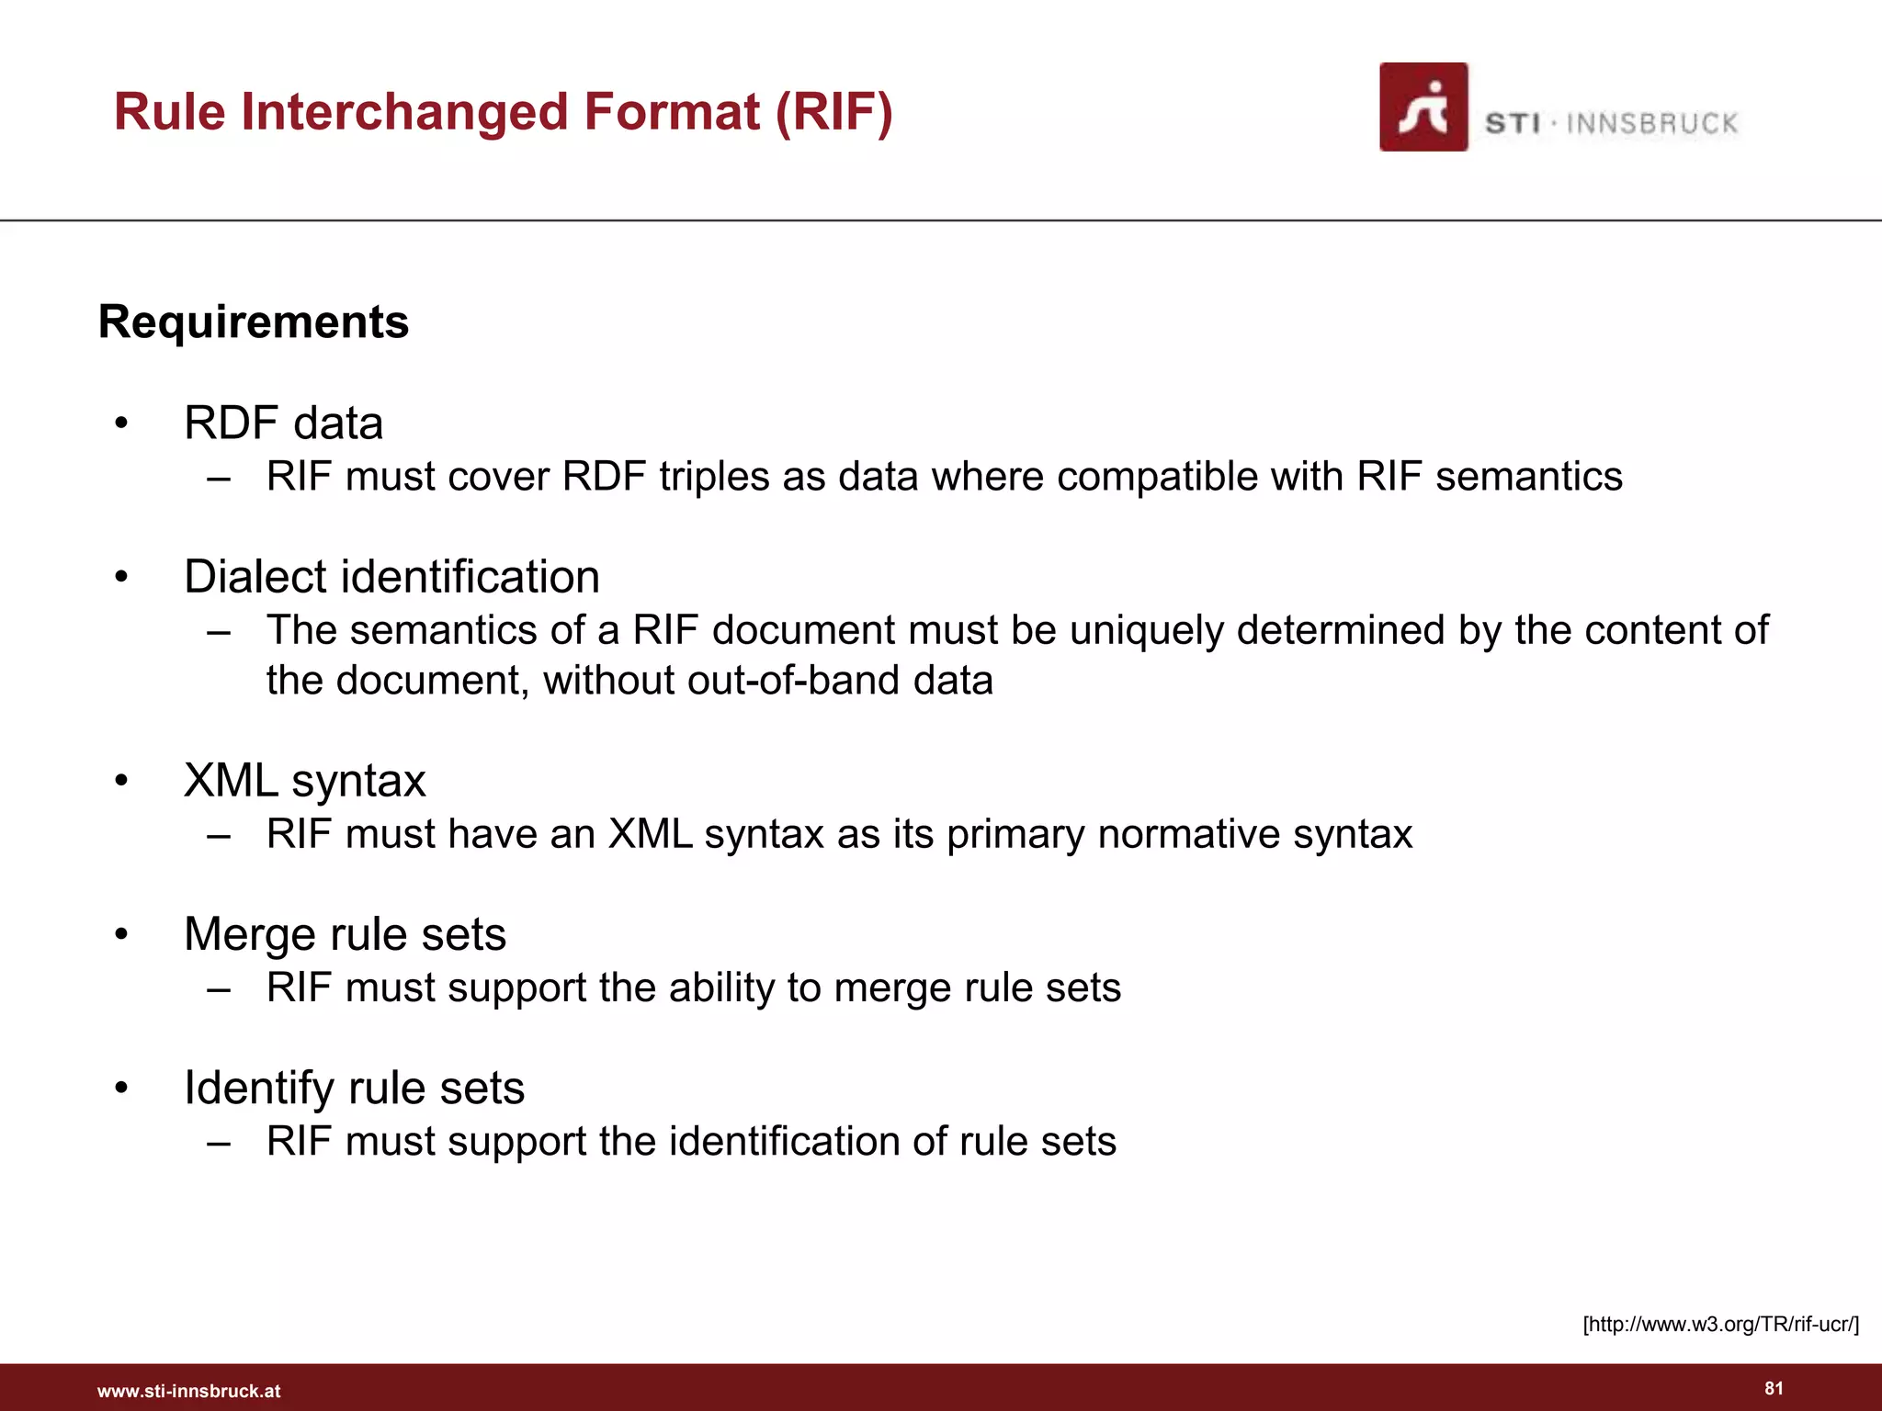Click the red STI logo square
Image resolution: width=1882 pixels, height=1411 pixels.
[x=1423, y=107]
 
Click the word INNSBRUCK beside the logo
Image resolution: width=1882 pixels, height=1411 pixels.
[x=1652, y=124]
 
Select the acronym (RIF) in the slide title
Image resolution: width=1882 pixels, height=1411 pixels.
[x=834, y=112]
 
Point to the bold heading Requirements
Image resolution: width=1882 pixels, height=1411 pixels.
[x=254, y=322]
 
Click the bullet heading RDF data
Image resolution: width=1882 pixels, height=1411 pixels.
[x=283, y=423]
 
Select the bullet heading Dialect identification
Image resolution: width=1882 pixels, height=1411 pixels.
[x=391, y=577]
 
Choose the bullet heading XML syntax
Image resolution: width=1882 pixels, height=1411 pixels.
[x=304, y=781]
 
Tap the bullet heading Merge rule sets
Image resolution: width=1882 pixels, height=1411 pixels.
[x=345, y=934]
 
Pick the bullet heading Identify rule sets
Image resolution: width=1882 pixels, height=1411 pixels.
[x=354, y=1088]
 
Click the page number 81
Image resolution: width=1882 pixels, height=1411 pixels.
[x=1774, y=1388]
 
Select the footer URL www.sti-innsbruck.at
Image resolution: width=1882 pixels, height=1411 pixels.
[x=188, y=1392]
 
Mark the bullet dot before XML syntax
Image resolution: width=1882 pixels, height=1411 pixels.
[x=121, y=782]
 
